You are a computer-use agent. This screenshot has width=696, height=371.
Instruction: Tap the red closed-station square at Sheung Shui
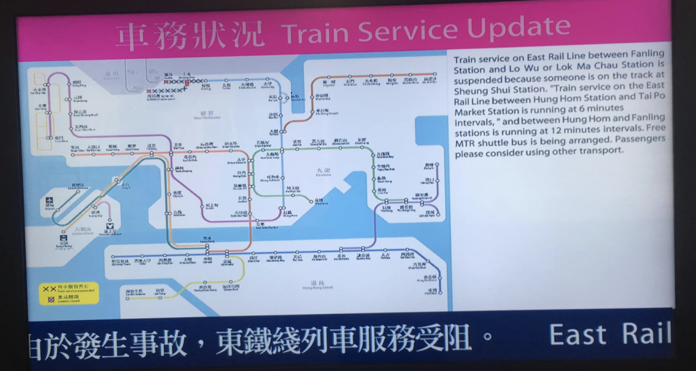187,82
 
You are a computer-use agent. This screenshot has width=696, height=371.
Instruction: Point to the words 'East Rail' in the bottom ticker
609,334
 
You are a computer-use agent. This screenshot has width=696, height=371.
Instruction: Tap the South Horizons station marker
127,296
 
